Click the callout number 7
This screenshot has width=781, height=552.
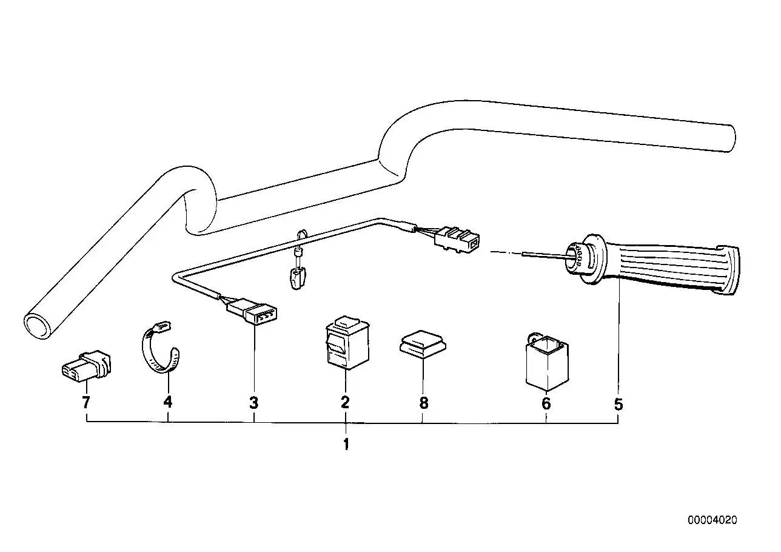coord(86,403)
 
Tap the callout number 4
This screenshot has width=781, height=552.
coord(168,402)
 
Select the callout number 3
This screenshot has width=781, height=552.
coord(254,403)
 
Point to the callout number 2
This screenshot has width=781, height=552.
coord(345,403)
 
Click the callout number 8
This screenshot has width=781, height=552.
coord(424,403)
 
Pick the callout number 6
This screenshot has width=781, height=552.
coord(546,403)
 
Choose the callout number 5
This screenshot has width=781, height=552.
coord(618,404)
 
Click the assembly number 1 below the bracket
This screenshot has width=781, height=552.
coord(346,445)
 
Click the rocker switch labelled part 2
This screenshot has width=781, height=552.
coord(347,343)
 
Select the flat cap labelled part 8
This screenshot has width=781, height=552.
coord(423,345)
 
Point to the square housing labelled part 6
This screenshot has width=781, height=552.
coord(547,362)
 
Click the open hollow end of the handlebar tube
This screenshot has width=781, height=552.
coord(38,326)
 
